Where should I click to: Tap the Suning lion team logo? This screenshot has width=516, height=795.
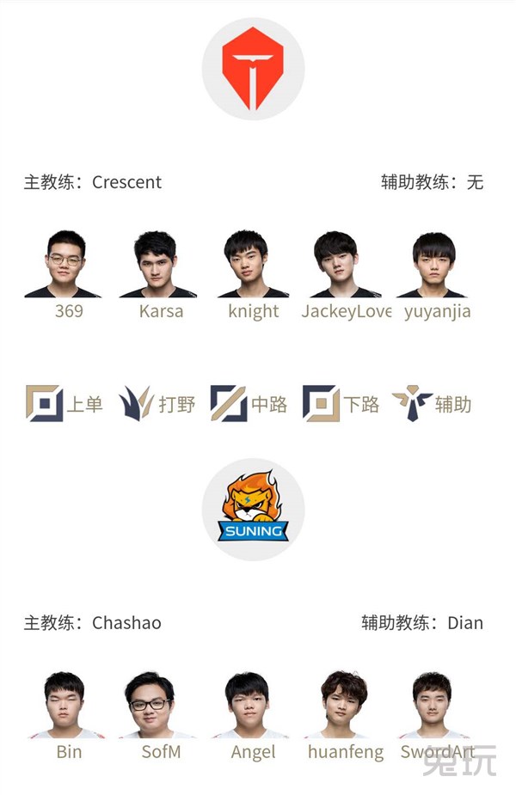tap(253, 507)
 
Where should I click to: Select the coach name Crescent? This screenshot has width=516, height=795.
tap(126, 182)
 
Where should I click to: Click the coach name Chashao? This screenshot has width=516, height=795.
tap(126, 622)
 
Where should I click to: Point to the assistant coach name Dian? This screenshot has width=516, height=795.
tap(465, 622)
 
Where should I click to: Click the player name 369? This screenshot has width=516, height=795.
tap(69, 311)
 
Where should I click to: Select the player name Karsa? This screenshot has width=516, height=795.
tap(162, 311)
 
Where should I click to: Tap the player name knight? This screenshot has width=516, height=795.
tap(253, 311)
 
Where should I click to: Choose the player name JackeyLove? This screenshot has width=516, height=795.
tap(346, 311)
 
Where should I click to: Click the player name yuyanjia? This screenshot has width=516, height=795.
tap(438, 312)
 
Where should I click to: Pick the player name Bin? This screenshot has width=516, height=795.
tap(69, 751)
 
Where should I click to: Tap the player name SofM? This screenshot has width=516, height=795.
tap(162, 751)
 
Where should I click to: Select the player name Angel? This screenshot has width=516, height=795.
tap(253, 752)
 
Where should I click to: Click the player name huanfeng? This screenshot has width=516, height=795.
tap(346, 752)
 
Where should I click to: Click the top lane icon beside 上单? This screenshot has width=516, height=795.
tap(45, 404)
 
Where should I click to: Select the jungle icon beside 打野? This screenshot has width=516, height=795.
tap(136, 404)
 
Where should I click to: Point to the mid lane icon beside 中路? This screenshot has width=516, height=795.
tap(229, 404)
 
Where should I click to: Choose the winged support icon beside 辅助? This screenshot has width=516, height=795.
tap(412, 404)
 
